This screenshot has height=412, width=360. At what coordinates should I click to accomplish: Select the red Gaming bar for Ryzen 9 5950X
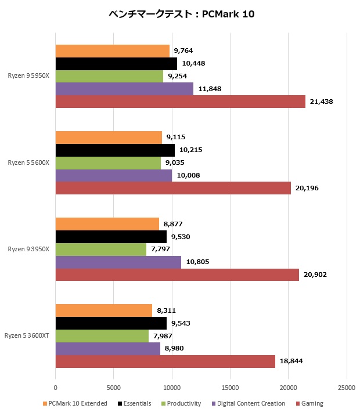pos(180,102)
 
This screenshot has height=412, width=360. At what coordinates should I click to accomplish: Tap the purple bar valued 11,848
pos(124,89)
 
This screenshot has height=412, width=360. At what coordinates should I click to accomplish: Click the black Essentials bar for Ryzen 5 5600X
pos(115,150)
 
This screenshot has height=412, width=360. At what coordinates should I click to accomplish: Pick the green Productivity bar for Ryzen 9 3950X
pos(101,249)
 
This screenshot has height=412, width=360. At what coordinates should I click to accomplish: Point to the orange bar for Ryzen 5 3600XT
pos(104,310)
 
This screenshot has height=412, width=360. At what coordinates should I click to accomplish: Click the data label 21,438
pos(321,102)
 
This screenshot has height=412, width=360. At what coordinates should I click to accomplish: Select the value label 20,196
pos(307,188)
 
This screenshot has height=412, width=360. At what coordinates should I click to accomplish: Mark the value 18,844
pos(291,361)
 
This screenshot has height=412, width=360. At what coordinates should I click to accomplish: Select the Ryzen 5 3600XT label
pos(27,335)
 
